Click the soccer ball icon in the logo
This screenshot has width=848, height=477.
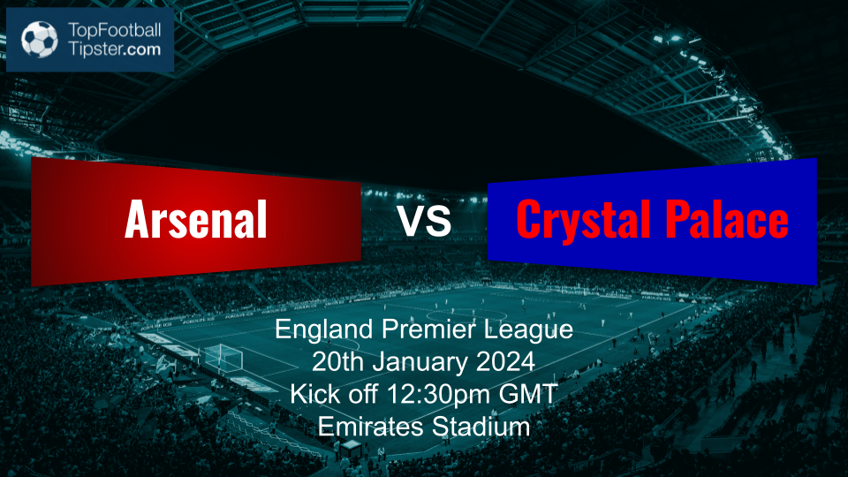coord(40,39)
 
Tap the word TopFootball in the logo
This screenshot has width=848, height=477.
coord(114,30)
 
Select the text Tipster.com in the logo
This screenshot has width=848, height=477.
coord(114,49)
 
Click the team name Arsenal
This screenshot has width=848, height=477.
coord(196,219)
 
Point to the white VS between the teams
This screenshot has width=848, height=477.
coord(425,220)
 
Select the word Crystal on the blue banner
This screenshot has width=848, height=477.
coord(583,220)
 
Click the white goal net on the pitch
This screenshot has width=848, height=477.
coord(223,358)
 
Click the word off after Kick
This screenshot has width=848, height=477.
coord(362,394)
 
